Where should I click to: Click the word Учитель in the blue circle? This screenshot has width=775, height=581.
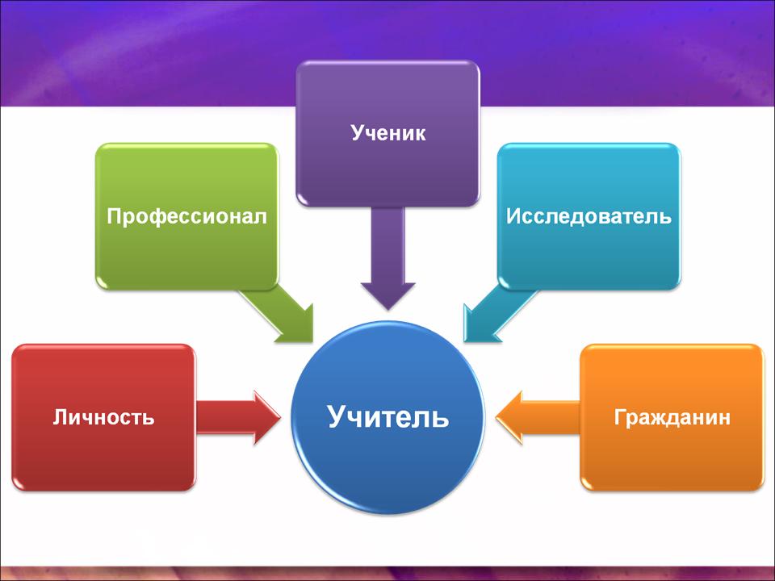(388, 416)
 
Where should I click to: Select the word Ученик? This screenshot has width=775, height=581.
(388, 133)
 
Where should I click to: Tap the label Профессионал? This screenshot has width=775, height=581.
(186, 216)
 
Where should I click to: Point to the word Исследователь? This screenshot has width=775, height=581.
(589, 216)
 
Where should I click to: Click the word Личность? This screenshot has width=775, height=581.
(103, 417)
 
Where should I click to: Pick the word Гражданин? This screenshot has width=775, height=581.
(672, 417)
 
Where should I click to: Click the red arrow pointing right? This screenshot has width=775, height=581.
(238, 417)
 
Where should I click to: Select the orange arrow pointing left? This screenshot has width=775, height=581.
(538, 417)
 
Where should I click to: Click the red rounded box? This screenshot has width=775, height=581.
(103, 417)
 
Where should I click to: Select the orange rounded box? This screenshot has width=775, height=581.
(672, 417)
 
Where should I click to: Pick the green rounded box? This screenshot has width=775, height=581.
(186, 216)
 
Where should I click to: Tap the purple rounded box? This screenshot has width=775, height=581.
(388, 133)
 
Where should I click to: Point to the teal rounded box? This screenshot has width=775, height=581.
(589, 216)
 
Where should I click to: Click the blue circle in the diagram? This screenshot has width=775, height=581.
(388, 417)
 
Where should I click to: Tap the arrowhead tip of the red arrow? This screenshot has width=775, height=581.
(280, 417)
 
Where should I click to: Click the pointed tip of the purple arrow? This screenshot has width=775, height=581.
(388, 310)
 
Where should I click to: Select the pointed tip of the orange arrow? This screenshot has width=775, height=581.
(496, 417)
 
